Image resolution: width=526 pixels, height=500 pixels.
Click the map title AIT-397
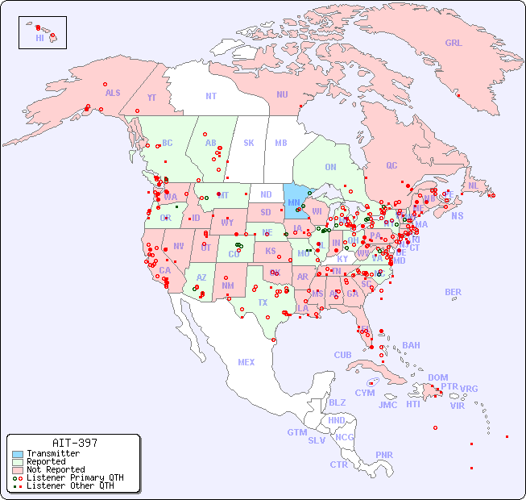(x=74, y=443)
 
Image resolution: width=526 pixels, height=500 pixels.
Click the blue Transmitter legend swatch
(x=17, y=454)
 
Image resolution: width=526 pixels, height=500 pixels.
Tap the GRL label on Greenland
(x=454, y=44)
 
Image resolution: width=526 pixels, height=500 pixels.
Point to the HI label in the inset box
(x=39, y=37)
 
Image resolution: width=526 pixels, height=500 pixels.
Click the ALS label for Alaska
(x=113, y=93)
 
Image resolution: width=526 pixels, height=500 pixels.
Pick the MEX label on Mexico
(x=246, y=362)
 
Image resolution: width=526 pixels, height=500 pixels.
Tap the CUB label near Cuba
(x=342, y=355)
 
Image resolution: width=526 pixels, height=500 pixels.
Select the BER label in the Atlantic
(x=453, y=292)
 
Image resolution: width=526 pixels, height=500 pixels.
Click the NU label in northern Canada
(x=282, y=94)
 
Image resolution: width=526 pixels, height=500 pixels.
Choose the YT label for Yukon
(x=151, y=98)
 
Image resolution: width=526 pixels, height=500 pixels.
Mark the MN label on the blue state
(x=294, y=202)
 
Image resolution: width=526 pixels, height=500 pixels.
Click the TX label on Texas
(x=263, y=302)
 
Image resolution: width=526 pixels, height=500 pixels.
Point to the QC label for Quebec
(x=391, y=165)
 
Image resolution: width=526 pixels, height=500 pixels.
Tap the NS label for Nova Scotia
(x=457, y=215)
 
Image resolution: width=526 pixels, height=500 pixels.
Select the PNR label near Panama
(x=384, y=455)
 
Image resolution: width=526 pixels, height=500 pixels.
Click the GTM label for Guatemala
(x=296, y=432)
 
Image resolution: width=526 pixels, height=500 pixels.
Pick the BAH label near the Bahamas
(x=411, y=345)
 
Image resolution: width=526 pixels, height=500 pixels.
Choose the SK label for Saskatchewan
(x=249, y=143)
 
